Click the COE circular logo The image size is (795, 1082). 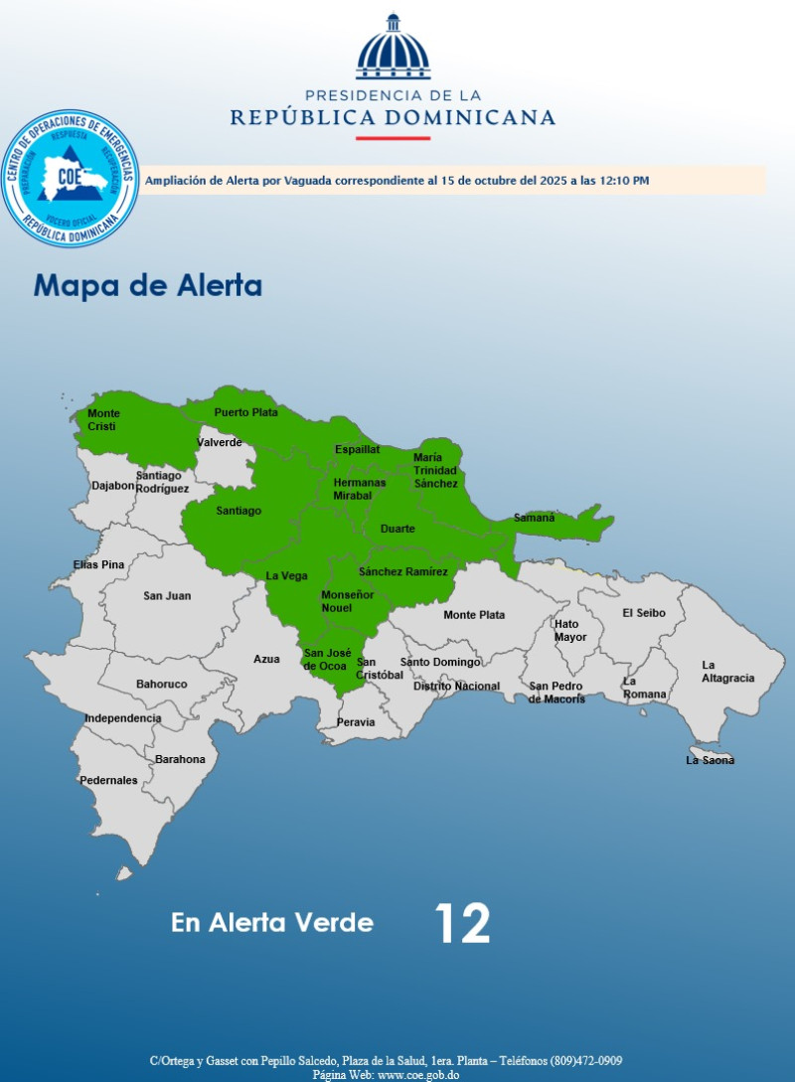(71, 179)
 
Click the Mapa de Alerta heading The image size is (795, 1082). (148, 286)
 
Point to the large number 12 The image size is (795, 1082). (462, 924)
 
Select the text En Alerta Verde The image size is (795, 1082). (272, 923)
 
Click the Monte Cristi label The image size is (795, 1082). (103, 419)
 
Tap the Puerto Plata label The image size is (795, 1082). (245, 411)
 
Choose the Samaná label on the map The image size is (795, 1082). (534, 518)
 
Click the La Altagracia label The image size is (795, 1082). (727, 672)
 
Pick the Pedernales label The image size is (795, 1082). (110, 780)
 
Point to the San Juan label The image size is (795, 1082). (167, 595)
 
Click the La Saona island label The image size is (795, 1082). (711, 760)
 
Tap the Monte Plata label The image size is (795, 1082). (474, 615)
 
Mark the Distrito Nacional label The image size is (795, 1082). (456, 686)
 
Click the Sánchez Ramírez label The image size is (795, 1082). (402, 571)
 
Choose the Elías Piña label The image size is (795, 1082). (99, 564)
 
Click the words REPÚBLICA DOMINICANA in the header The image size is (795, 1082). (393, 117)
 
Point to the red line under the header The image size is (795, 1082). (393, 138)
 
